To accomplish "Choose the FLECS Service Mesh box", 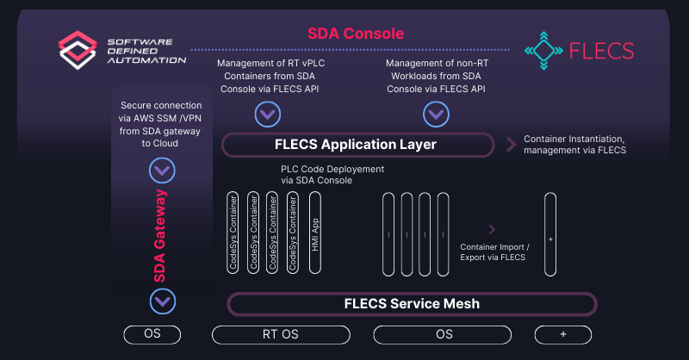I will pos(412,303).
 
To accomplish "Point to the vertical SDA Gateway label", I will pos(161,235).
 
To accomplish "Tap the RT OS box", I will pos(279,334).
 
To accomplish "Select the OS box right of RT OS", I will pos(444,334).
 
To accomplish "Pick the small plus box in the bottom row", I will pos(562,334).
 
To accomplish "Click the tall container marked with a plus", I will pos(550,233).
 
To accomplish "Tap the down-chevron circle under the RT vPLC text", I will pos(267,113).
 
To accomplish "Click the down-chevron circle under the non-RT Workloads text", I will pos(435,113).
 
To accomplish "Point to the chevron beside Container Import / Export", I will pos(493,229).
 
